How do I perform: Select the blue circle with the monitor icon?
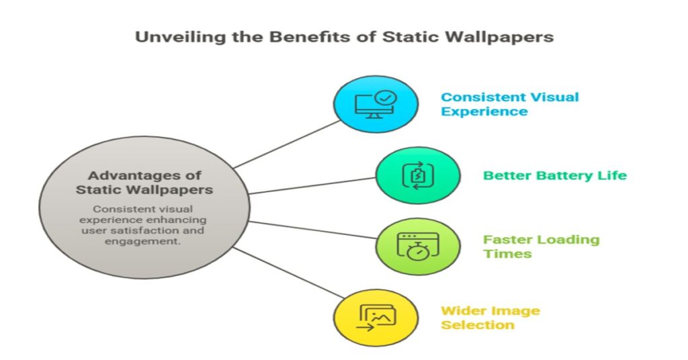tap(376, 104)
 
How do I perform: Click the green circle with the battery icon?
tap(418, 175)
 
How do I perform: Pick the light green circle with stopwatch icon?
tap(418, 246)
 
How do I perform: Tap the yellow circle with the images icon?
tap(376, 318)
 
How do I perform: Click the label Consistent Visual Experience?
tap(510, 104)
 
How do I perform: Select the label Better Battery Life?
tap(555, 175)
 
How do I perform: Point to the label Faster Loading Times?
tap(542, 246)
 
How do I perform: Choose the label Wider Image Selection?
tap(490, 318)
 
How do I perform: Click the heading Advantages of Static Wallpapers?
tap(144, 183)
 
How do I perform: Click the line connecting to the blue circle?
tap(287, 144)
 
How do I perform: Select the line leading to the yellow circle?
tap(287, 272)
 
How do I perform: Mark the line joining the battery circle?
tap(312, 185)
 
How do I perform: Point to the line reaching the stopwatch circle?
tap(312, 230)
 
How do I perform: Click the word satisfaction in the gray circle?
tap(155, 230)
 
